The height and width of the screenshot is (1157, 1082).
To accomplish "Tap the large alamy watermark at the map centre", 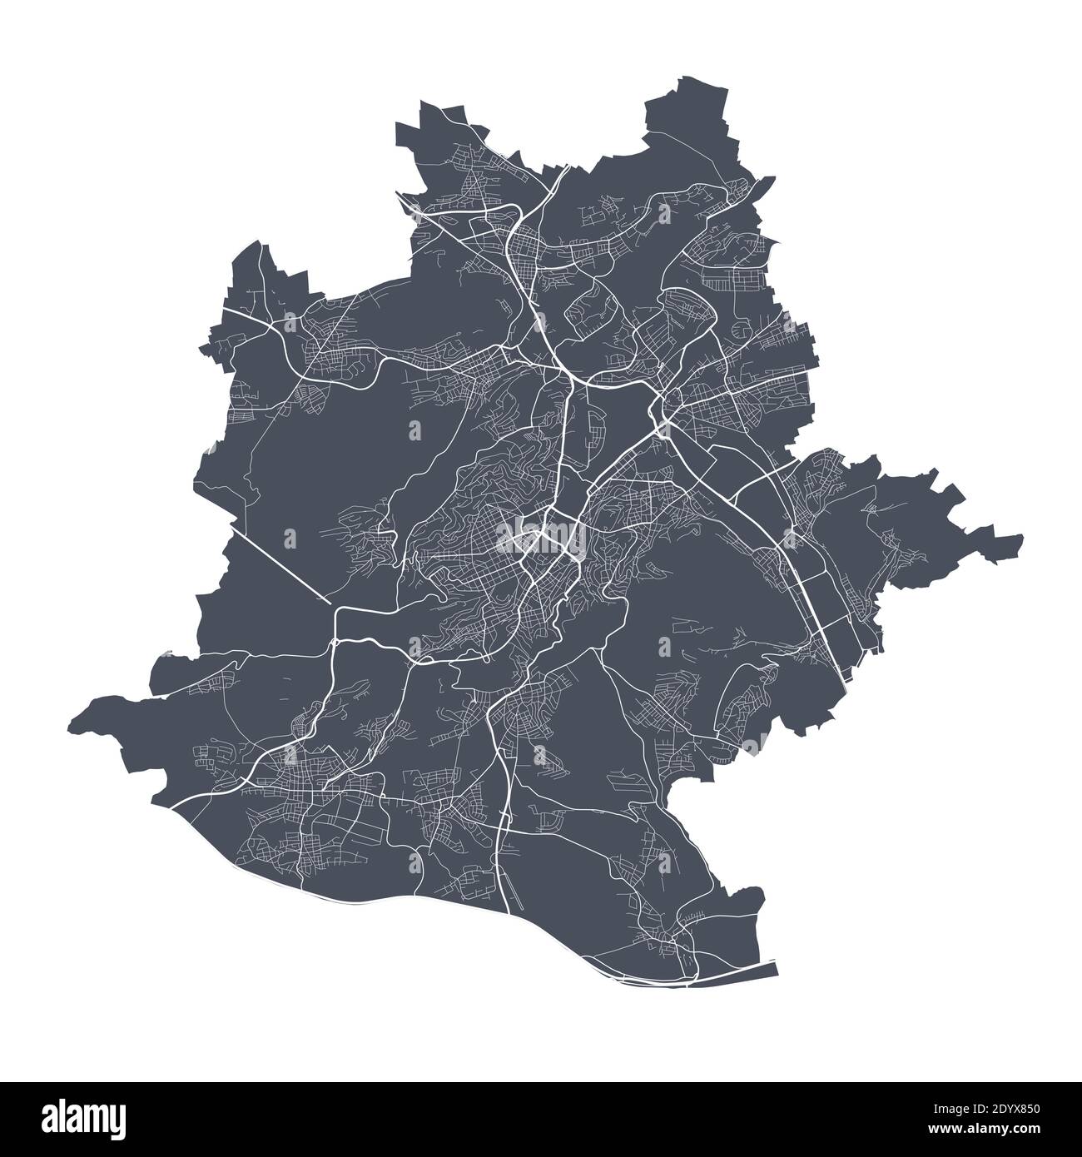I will tap(541, 537).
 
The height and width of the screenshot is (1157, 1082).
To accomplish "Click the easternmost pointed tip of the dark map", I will tap(1022, 538).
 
